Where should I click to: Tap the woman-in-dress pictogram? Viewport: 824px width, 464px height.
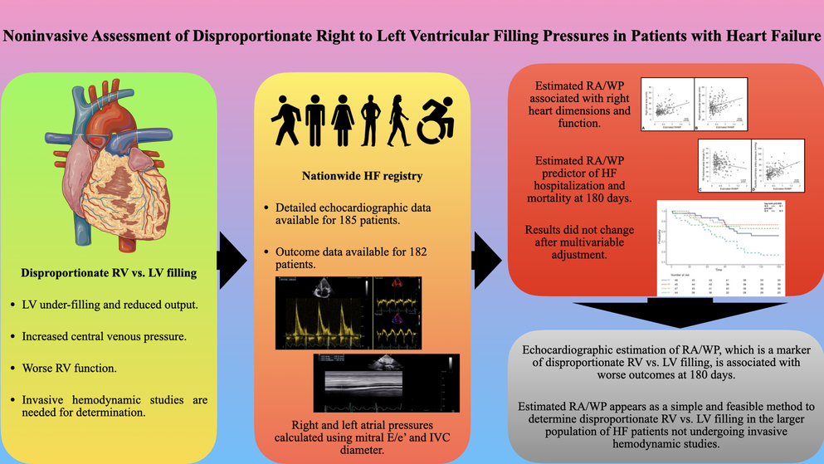[341, 120]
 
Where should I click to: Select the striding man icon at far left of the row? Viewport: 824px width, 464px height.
[284, 120]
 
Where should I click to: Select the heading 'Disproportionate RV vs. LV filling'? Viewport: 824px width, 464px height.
[110, 272]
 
